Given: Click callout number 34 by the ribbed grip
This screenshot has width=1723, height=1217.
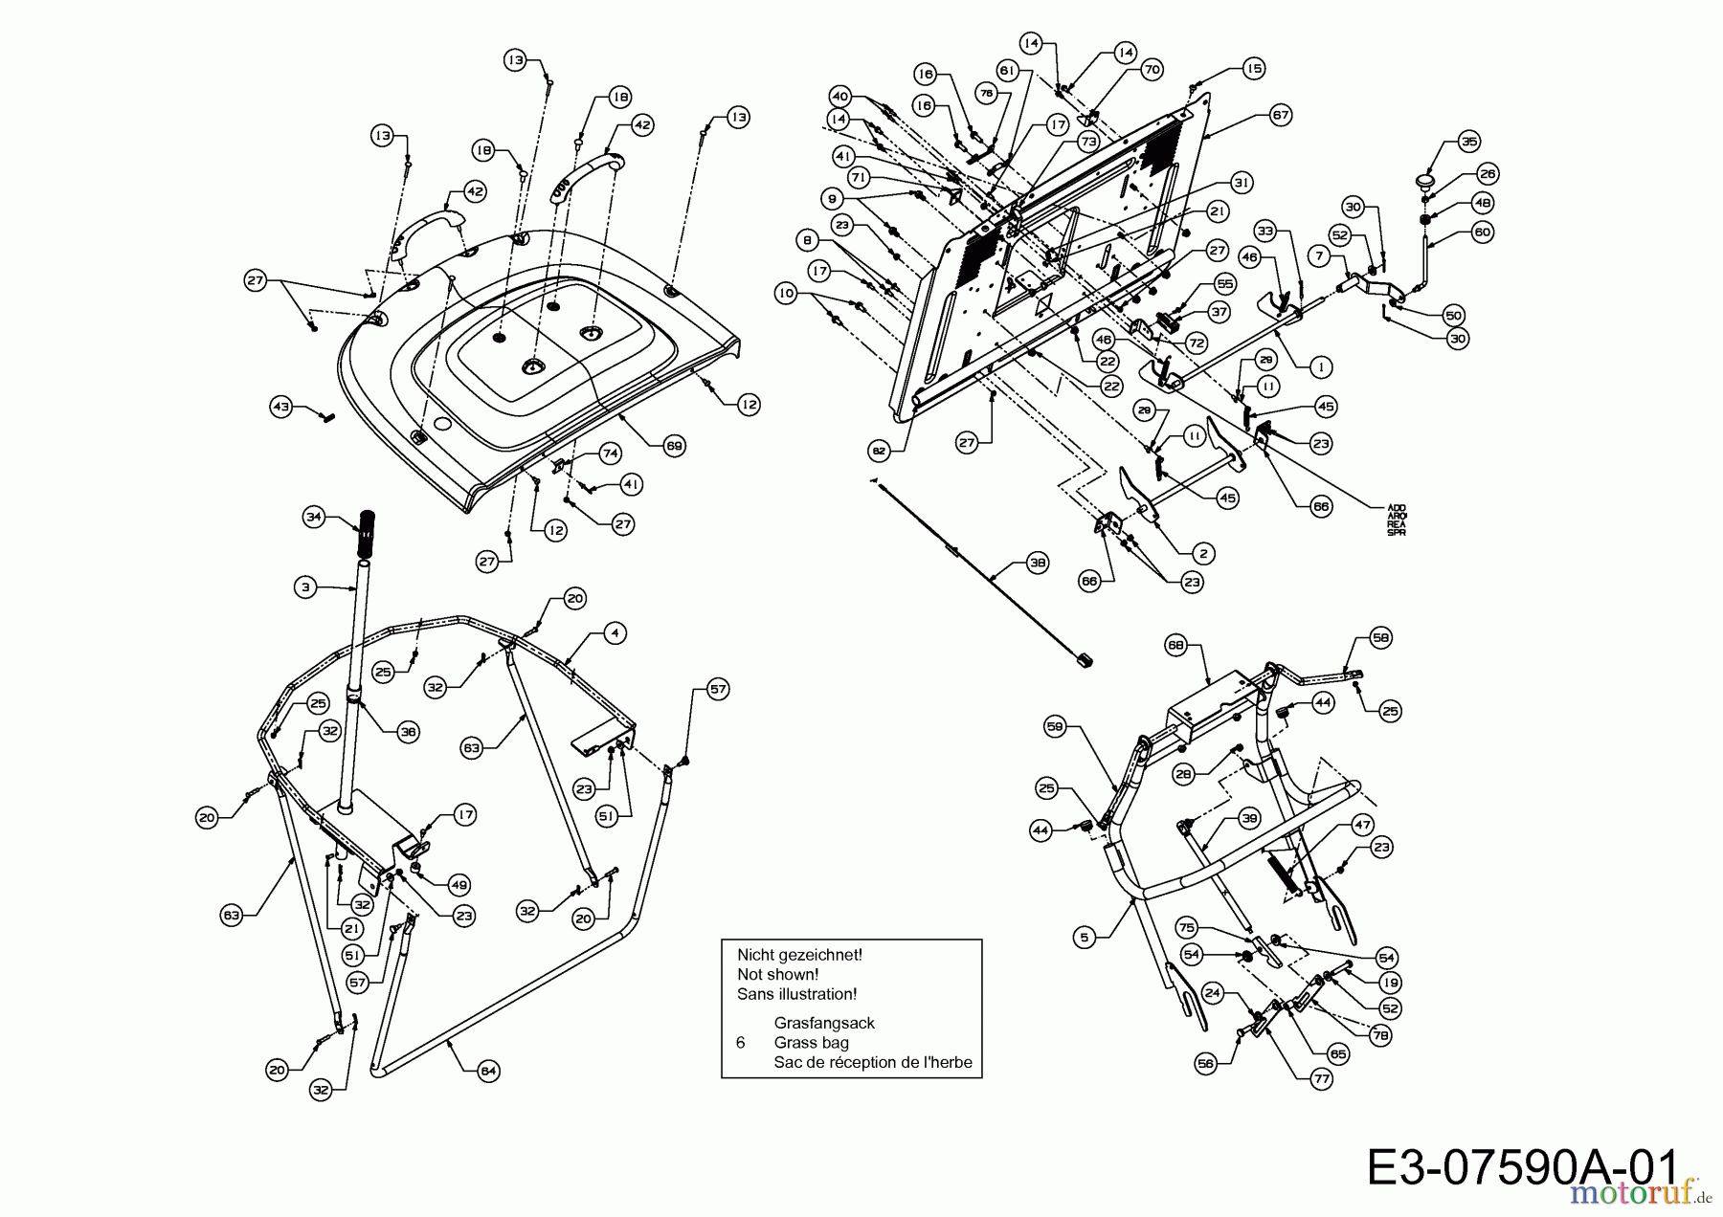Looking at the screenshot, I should tap(313, 518).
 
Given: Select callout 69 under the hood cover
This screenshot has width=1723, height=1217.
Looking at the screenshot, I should tap(674, 444).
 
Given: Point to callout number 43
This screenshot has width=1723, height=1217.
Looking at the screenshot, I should tap(280, 408).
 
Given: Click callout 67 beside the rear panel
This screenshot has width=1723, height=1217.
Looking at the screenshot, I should tap(1281, 115).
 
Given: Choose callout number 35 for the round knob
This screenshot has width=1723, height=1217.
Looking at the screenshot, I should tap(1468, 142).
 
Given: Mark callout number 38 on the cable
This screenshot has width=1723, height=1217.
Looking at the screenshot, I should tap(1038, 564).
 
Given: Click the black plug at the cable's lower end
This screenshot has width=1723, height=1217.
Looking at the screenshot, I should tap(1084, 659).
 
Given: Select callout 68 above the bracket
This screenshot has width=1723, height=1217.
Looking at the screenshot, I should tap(1175, 646).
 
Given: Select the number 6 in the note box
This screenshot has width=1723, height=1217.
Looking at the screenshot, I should tap(741, 1042).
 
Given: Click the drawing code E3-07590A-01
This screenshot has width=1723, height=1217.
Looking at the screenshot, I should tap(1522, 1168).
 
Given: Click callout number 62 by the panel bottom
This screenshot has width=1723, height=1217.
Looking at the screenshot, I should tap(878, 449).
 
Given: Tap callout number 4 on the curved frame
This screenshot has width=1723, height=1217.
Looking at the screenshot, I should tap(614, 633).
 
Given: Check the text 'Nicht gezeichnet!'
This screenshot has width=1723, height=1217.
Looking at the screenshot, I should tap(799, 954).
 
